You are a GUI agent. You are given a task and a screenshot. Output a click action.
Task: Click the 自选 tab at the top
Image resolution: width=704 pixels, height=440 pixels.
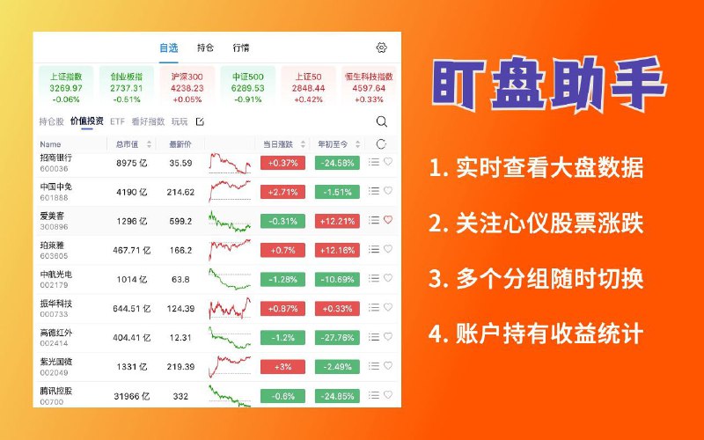[168, 48]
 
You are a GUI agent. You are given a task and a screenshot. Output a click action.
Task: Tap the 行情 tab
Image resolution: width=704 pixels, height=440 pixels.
[240, 48]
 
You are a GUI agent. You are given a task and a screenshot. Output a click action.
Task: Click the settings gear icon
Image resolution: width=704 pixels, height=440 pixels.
[381, 48]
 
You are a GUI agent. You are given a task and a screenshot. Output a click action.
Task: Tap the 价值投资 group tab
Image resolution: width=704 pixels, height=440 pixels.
[87, 121]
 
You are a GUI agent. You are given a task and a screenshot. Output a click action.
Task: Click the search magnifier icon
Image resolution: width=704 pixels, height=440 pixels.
[381, 121]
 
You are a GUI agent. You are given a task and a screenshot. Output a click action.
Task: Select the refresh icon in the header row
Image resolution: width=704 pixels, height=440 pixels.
[381, 143]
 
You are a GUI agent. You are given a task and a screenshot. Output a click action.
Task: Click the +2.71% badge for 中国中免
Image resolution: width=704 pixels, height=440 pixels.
[282, 191]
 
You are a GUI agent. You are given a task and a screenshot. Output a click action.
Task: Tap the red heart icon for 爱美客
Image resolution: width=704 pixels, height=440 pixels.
[388, 220]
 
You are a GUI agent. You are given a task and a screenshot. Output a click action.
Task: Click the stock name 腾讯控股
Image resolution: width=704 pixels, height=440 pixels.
[56, 390]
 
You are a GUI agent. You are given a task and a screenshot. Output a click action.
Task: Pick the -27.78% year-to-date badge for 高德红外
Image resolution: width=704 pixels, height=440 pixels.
[336, 337]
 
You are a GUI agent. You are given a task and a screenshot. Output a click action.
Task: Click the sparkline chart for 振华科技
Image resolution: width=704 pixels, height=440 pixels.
[230, 307]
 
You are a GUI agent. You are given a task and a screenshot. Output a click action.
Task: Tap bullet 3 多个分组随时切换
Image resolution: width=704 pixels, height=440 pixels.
[537, 279]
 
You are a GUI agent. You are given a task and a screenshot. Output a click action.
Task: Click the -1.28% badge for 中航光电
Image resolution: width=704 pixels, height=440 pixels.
[282, 279]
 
